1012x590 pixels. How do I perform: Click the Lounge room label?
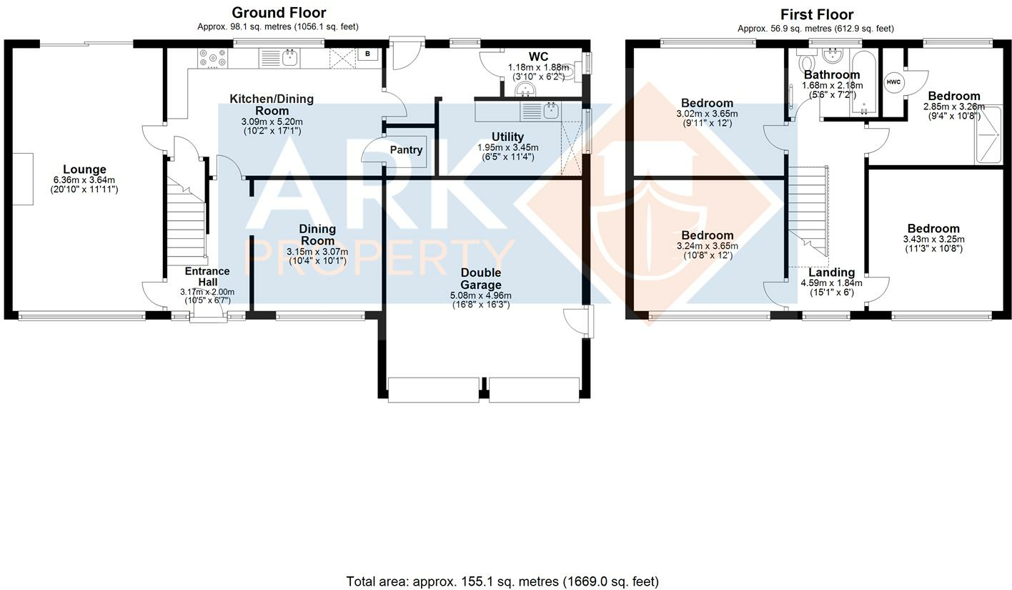84,170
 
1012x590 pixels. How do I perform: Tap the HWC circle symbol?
893,82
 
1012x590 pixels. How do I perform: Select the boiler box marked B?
367,54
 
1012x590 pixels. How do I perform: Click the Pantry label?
406,150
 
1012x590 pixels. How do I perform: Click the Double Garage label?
480,278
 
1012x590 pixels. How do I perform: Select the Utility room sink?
550,111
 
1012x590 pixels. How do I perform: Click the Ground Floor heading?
279,13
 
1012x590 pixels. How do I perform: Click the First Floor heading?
816,14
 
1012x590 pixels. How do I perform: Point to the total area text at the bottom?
502,581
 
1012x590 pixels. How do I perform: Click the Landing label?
831,272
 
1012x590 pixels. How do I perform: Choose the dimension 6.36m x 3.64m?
84,180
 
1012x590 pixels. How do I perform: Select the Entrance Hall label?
207,277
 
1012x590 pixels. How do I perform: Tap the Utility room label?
507,137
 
